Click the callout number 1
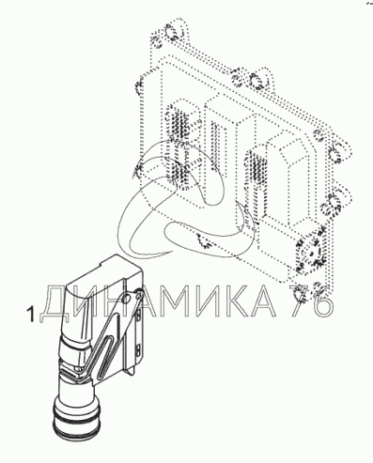(x=31, y=315)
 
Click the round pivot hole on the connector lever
(x=127, y=298)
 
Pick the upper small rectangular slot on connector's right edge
(x=138, y=313)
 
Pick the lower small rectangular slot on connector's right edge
(x=138, y=350)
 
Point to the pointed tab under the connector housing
(x=130, y=370)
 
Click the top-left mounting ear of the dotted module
(x=171, y=33)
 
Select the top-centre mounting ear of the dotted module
(x=252, y=79)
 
